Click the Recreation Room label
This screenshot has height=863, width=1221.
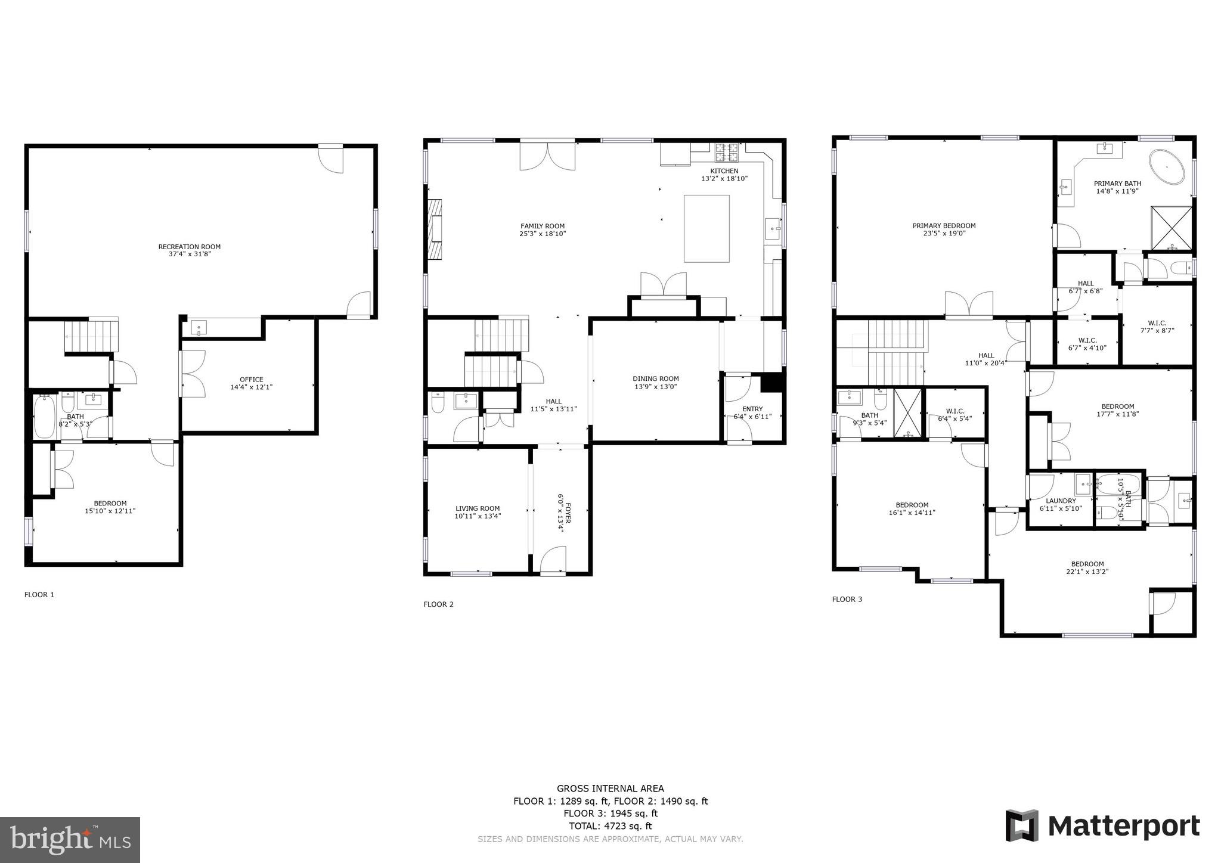[189, 246]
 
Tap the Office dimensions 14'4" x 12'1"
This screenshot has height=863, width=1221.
[251, 387]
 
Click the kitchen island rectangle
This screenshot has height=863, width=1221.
[706, 228]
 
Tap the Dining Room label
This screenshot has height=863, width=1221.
[655, 378]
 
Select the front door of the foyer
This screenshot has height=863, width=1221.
[553, 562]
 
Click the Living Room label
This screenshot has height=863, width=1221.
[477, 508]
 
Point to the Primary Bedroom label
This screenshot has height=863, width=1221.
[944, 225]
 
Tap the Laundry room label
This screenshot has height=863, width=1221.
[1061, 501]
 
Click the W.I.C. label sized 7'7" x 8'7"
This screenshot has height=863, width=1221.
[1157, 323]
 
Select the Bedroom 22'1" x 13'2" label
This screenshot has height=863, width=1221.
[1087, 564]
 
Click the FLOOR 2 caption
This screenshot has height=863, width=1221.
[438, 604]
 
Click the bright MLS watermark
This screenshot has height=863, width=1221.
[70, 840]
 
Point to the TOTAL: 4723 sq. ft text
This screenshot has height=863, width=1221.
[610, 826]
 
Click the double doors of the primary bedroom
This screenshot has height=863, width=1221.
[969, 304]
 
